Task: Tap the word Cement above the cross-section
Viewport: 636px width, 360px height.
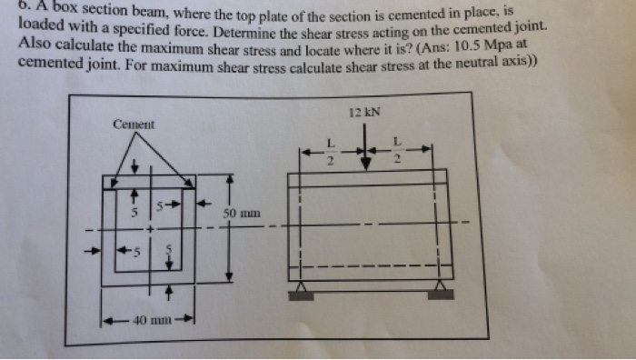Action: [x=134, y=124]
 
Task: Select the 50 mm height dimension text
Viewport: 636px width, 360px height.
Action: [x=243, y=215]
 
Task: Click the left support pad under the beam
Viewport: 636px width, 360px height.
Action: [x=301, y=294]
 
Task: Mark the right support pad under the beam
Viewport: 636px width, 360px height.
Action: [x=442, y=294]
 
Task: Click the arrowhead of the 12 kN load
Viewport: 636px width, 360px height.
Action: [x=365, y=162]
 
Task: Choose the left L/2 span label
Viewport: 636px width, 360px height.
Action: [x=331, y=152]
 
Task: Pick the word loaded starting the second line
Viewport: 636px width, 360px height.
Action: [x=42, y=28]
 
